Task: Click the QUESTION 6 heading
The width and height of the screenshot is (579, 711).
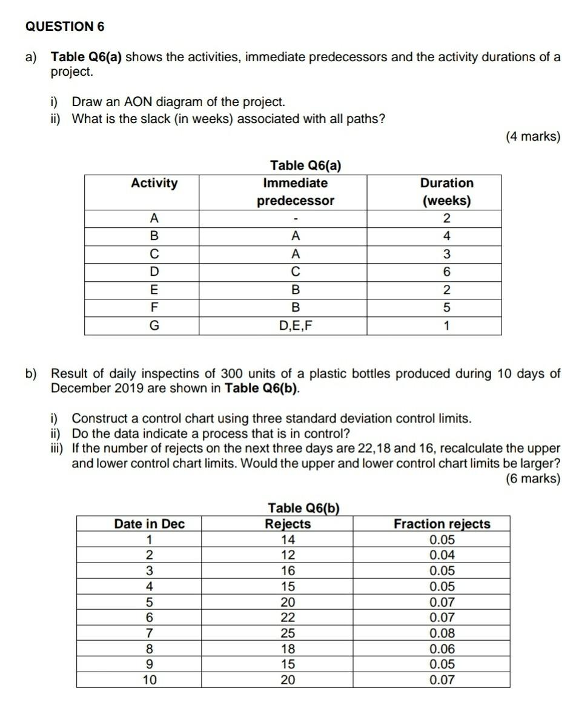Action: [65, 27]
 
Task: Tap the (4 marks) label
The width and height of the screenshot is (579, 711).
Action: [533, 136]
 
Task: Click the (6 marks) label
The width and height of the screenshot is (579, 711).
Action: [533, 479]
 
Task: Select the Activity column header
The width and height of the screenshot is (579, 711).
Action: [154, 184]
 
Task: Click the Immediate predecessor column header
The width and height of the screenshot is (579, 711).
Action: [296, 192]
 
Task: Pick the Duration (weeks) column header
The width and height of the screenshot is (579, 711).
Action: [446, 192]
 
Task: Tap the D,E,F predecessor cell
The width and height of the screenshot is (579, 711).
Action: [296, 326]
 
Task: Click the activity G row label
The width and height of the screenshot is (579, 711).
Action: [154, 326]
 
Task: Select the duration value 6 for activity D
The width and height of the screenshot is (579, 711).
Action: [446, 272]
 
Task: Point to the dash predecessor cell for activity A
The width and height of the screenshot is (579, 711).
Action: [296, 219]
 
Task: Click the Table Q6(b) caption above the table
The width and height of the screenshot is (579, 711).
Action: [302, 508]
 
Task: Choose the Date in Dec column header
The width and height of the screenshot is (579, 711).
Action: [149, 524]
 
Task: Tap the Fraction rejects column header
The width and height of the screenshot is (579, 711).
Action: [442, 524]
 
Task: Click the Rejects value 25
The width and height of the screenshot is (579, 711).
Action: [288, 633]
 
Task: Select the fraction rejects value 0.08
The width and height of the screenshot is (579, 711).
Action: [442, 633]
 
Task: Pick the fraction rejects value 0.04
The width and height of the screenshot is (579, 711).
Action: [442, 555]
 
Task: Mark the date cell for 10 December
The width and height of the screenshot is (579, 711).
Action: [149, 680]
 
